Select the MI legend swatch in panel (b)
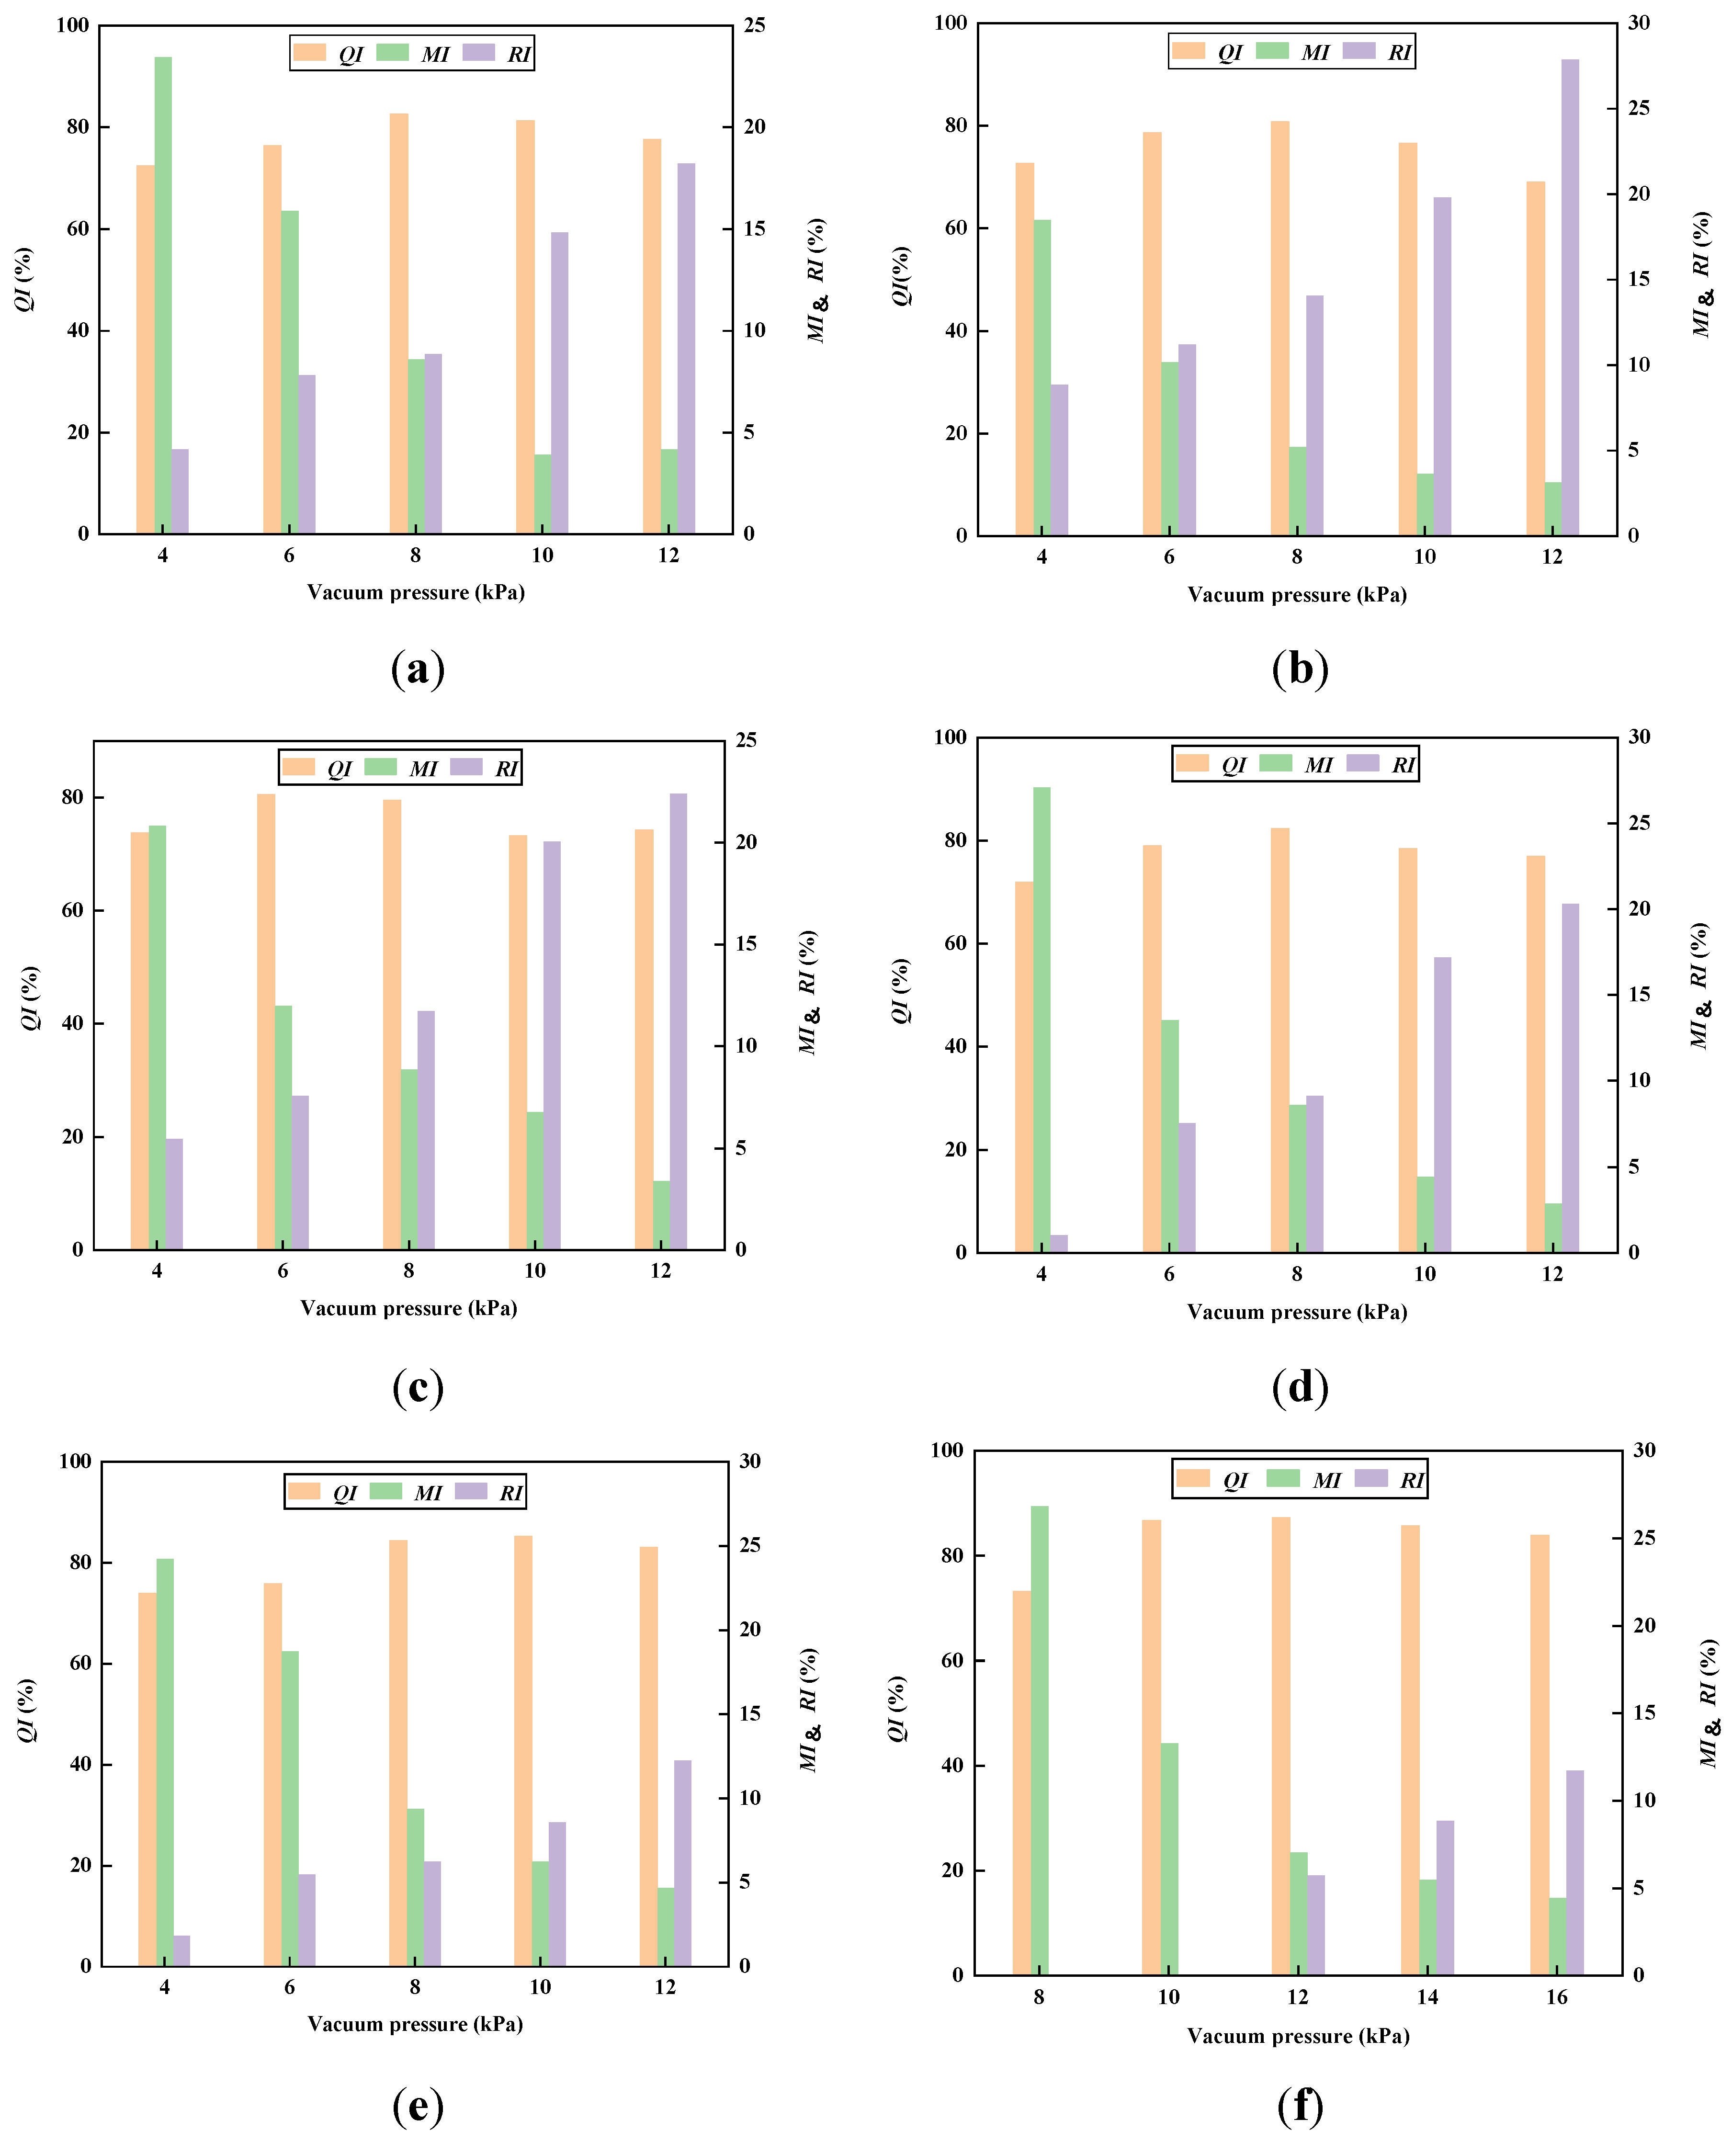click(x=1272, y=51)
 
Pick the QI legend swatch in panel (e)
click(x=304, y=1492)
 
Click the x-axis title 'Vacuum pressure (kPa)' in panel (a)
click(x=416, y=593)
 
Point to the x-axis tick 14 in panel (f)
click(x=1426, y=1996)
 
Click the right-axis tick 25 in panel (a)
click(x=754, y=25)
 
